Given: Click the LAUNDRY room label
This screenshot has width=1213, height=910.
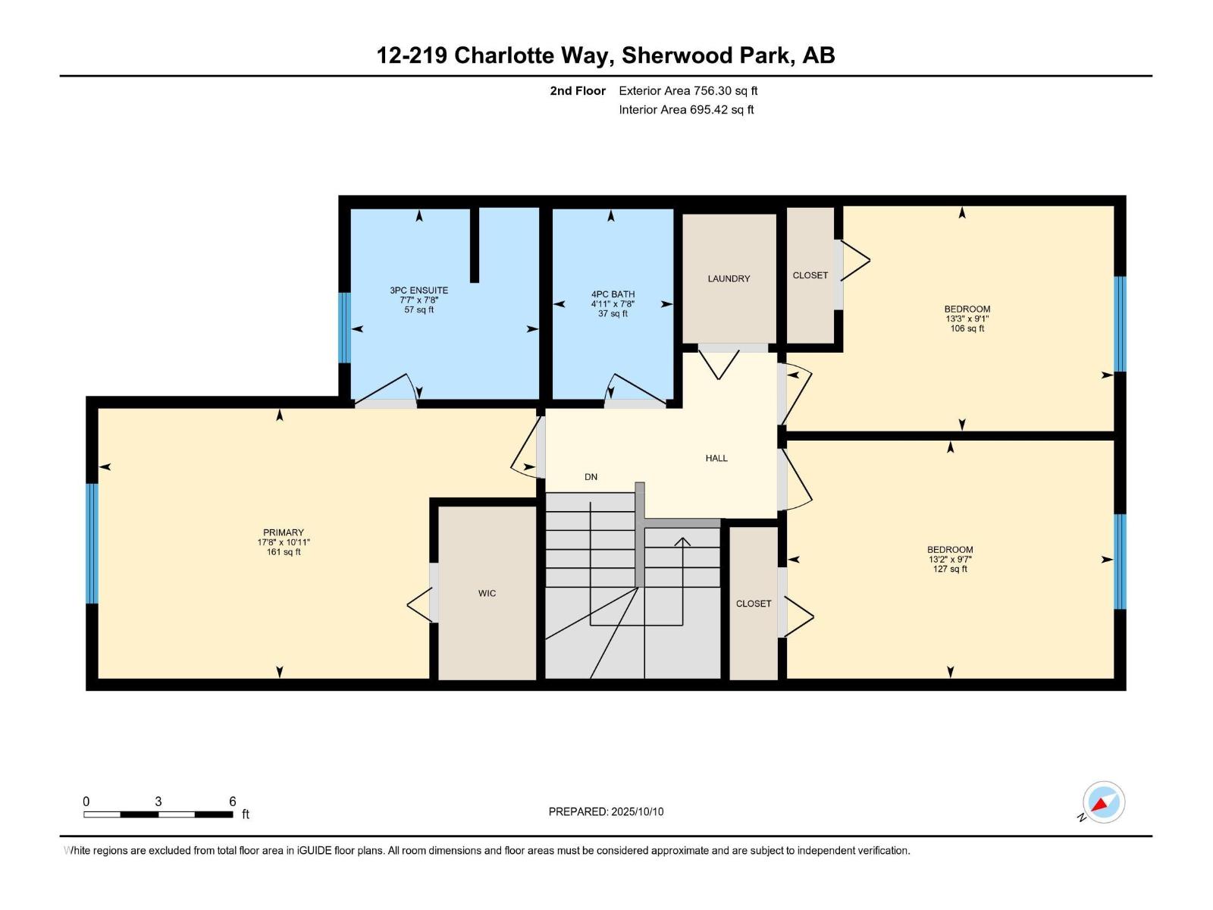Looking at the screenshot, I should (x=729, y=278).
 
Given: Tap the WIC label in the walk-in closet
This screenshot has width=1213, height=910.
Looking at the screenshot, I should (x=487, y=593).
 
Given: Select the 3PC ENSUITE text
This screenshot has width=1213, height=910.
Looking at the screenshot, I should (x=418, y=290).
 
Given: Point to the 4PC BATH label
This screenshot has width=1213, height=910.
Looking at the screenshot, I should (x=613, y=294).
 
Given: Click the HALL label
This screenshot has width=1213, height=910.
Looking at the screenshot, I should (x=716, y=458).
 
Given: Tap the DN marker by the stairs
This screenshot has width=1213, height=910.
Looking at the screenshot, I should (x=591, y=477).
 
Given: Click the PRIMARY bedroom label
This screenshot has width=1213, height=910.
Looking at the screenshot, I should (x=283, y=532).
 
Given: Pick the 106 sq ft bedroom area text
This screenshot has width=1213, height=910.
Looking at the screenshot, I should (x=967, y=328).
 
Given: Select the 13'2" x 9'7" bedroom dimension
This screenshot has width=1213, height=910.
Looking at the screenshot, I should (x=949, y=560).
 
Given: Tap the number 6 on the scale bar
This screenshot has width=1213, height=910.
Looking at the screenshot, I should (x=232, y=802).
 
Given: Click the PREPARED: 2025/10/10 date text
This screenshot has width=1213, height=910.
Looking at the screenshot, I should (x=606, y=811).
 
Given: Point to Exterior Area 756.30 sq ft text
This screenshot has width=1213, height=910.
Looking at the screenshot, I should (x=688, y=90).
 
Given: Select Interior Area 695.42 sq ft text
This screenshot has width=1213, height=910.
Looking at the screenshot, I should (x=685, y=109).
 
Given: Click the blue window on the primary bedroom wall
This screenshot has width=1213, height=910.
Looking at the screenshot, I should (x=92, y=543).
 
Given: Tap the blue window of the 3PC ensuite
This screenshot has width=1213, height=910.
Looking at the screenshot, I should (x=344, y=328).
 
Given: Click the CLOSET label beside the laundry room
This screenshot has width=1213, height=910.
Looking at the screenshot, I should (x=810, y=275).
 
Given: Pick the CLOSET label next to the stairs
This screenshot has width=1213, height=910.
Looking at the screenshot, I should (x=753, y=604).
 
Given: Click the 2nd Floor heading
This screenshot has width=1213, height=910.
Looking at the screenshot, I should (x=578, y=90).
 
